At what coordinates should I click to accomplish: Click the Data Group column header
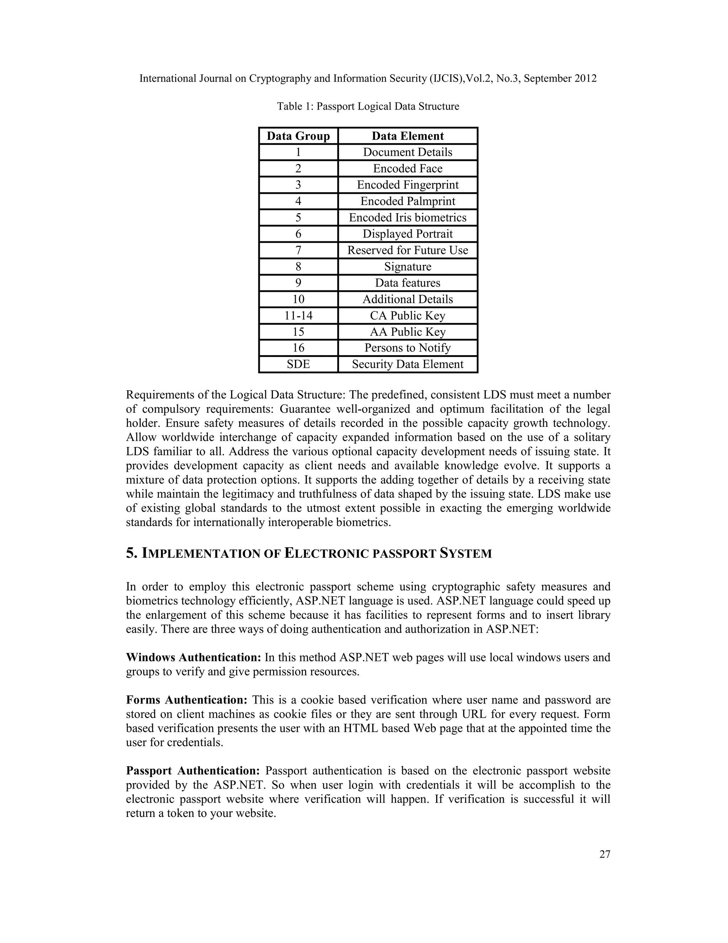click(x=298, y=136)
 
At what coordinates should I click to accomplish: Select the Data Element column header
click(x=408, y=136)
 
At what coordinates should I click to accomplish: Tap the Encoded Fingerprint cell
click(x=408, y=185)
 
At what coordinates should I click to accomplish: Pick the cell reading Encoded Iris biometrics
click(x=408, y=218)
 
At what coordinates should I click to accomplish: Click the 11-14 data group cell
click(x=298, y=316)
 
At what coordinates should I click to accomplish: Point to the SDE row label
click(x=298, y=364)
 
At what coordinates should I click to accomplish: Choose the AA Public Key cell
click(x=408, y=332)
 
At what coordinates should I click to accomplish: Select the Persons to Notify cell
click(x=408, y=348)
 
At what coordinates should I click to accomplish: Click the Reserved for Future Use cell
click(x=408, y=251)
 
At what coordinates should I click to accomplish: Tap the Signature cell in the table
click(x=408, y=267)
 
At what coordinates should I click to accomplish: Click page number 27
click(x=605, y=854)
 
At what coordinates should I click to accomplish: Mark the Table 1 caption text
click(x=368, y=106)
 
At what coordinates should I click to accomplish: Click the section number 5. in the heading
click(x=131, y=554)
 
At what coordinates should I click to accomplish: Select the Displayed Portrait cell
click(x=408, y=234)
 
